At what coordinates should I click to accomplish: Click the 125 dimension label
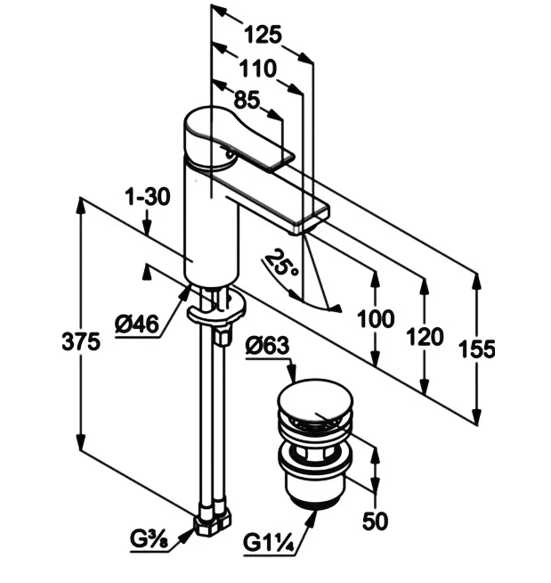tap(263, 35)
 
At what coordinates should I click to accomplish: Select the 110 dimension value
tap(257, 69)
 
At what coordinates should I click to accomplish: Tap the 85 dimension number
tap(247, 101)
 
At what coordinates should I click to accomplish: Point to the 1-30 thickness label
tap(148, 196)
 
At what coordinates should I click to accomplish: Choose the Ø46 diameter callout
tap(137, 324)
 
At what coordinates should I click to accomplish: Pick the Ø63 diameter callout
tap(267, 345)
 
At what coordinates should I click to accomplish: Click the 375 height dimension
tap(81, 341)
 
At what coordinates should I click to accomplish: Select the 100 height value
tap(376, 319)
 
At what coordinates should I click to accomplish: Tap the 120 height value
tap(425, 336)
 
